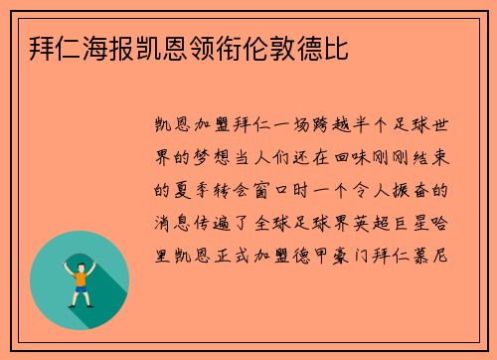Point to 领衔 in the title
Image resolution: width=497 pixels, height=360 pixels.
215,48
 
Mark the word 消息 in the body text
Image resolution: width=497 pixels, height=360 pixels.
168,217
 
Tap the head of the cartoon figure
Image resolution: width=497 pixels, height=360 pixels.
81,261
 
